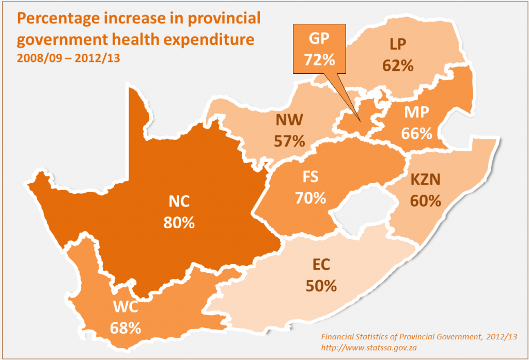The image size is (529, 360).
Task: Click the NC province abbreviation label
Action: click(x=179, y=201)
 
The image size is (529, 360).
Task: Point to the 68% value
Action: click(x=126, y=327)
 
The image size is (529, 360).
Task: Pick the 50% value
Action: click(x=321, y=285)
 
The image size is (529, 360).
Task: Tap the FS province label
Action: click(x=310, y=177)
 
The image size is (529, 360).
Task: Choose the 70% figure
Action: click(x=310, y=197)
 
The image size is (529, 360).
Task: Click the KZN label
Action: click(x=425, y=180)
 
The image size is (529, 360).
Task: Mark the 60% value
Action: click(x=425, y=200)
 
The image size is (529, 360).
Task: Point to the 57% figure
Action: click(x=289, y=140)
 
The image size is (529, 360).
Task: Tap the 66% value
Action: click(x=416, y=133)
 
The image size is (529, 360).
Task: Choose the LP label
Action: click(x=398, y=45)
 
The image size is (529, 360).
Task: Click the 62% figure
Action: click(x=398, y=66)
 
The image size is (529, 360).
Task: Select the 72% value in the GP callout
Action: click(x=319, y=59)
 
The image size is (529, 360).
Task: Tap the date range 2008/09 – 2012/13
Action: click(x=68, y=57)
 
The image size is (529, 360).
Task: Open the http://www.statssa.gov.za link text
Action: click(x=369, y=348)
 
